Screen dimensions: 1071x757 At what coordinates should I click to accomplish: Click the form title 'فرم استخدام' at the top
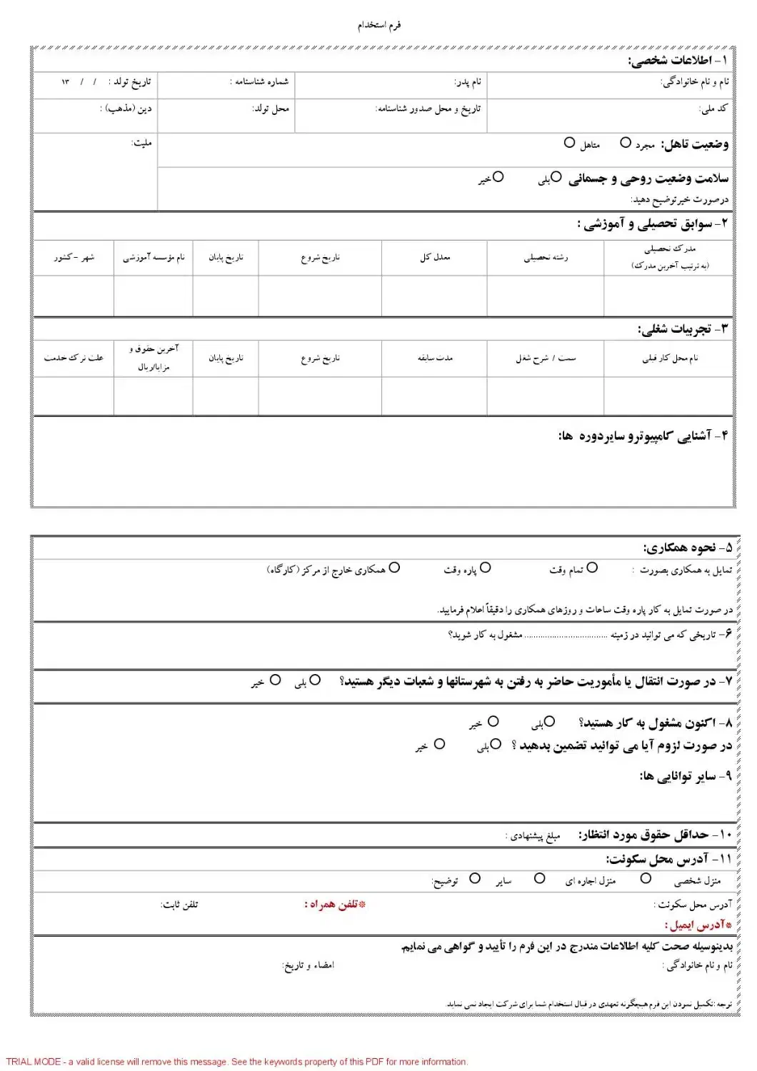[379, 26]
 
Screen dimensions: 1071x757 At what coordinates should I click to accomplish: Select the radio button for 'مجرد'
[626, 143]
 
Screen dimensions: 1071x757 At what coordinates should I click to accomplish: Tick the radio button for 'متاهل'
[569, 143]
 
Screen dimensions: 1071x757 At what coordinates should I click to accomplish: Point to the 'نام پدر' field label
[468, 82]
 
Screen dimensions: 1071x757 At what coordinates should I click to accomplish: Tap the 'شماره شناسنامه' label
[259, 82]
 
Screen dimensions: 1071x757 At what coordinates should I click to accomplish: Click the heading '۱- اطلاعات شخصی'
[678, 61]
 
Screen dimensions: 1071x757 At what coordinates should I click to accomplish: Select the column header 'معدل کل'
[435, 257]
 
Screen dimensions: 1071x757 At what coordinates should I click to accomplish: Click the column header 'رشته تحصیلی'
[546, 257]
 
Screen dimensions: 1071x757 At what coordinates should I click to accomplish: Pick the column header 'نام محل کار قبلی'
[669, 358]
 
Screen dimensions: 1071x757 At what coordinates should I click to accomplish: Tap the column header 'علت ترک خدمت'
[74, 358]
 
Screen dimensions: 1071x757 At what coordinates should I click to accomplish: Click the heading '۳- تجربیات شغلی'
[683, 329]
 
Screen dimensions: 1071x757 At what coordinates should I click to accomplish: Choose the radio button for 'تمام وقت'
[592, 568]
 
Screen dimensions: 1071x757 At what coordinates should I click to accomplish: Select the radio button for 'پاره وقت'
[486, 568]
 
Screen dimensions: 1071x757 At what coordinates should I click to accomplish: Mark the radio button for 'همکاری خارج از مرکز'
[394, 568]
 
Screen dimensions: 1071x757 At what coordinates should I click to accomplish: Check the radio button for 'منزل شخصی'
[646, 879]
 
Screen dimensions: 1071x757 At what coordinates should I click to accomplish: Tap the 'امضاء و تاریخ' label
[309, 965]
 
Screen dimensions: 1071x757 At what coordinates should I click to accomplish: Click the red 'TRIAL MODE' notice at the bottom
[236, 1062]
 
